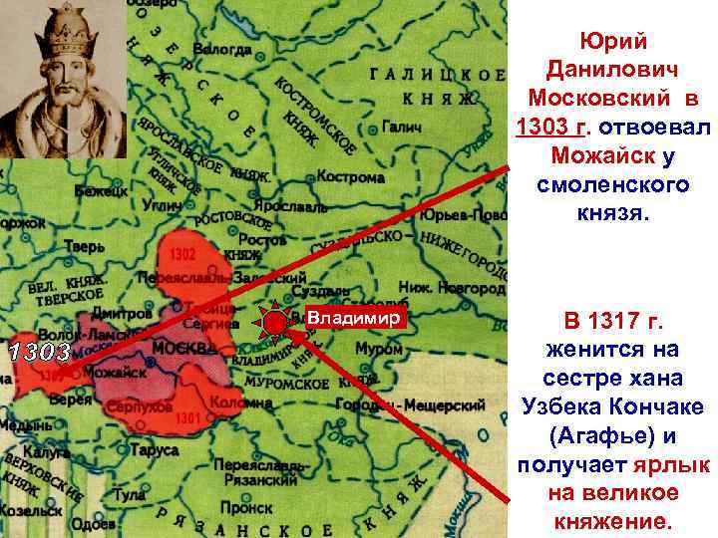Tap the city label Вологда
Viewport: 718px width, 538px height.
point(222,47)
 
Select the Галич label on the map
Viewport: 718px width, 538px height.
point(403,129)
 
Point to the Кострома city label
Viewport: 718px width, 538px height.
point(350,177)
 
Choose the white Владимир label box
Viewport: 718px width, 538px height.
point(355,318)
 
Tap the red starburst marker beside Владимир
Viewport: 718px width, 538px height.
point(276,323)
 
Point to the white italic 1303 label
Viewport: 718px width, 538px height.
point(38,352)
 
